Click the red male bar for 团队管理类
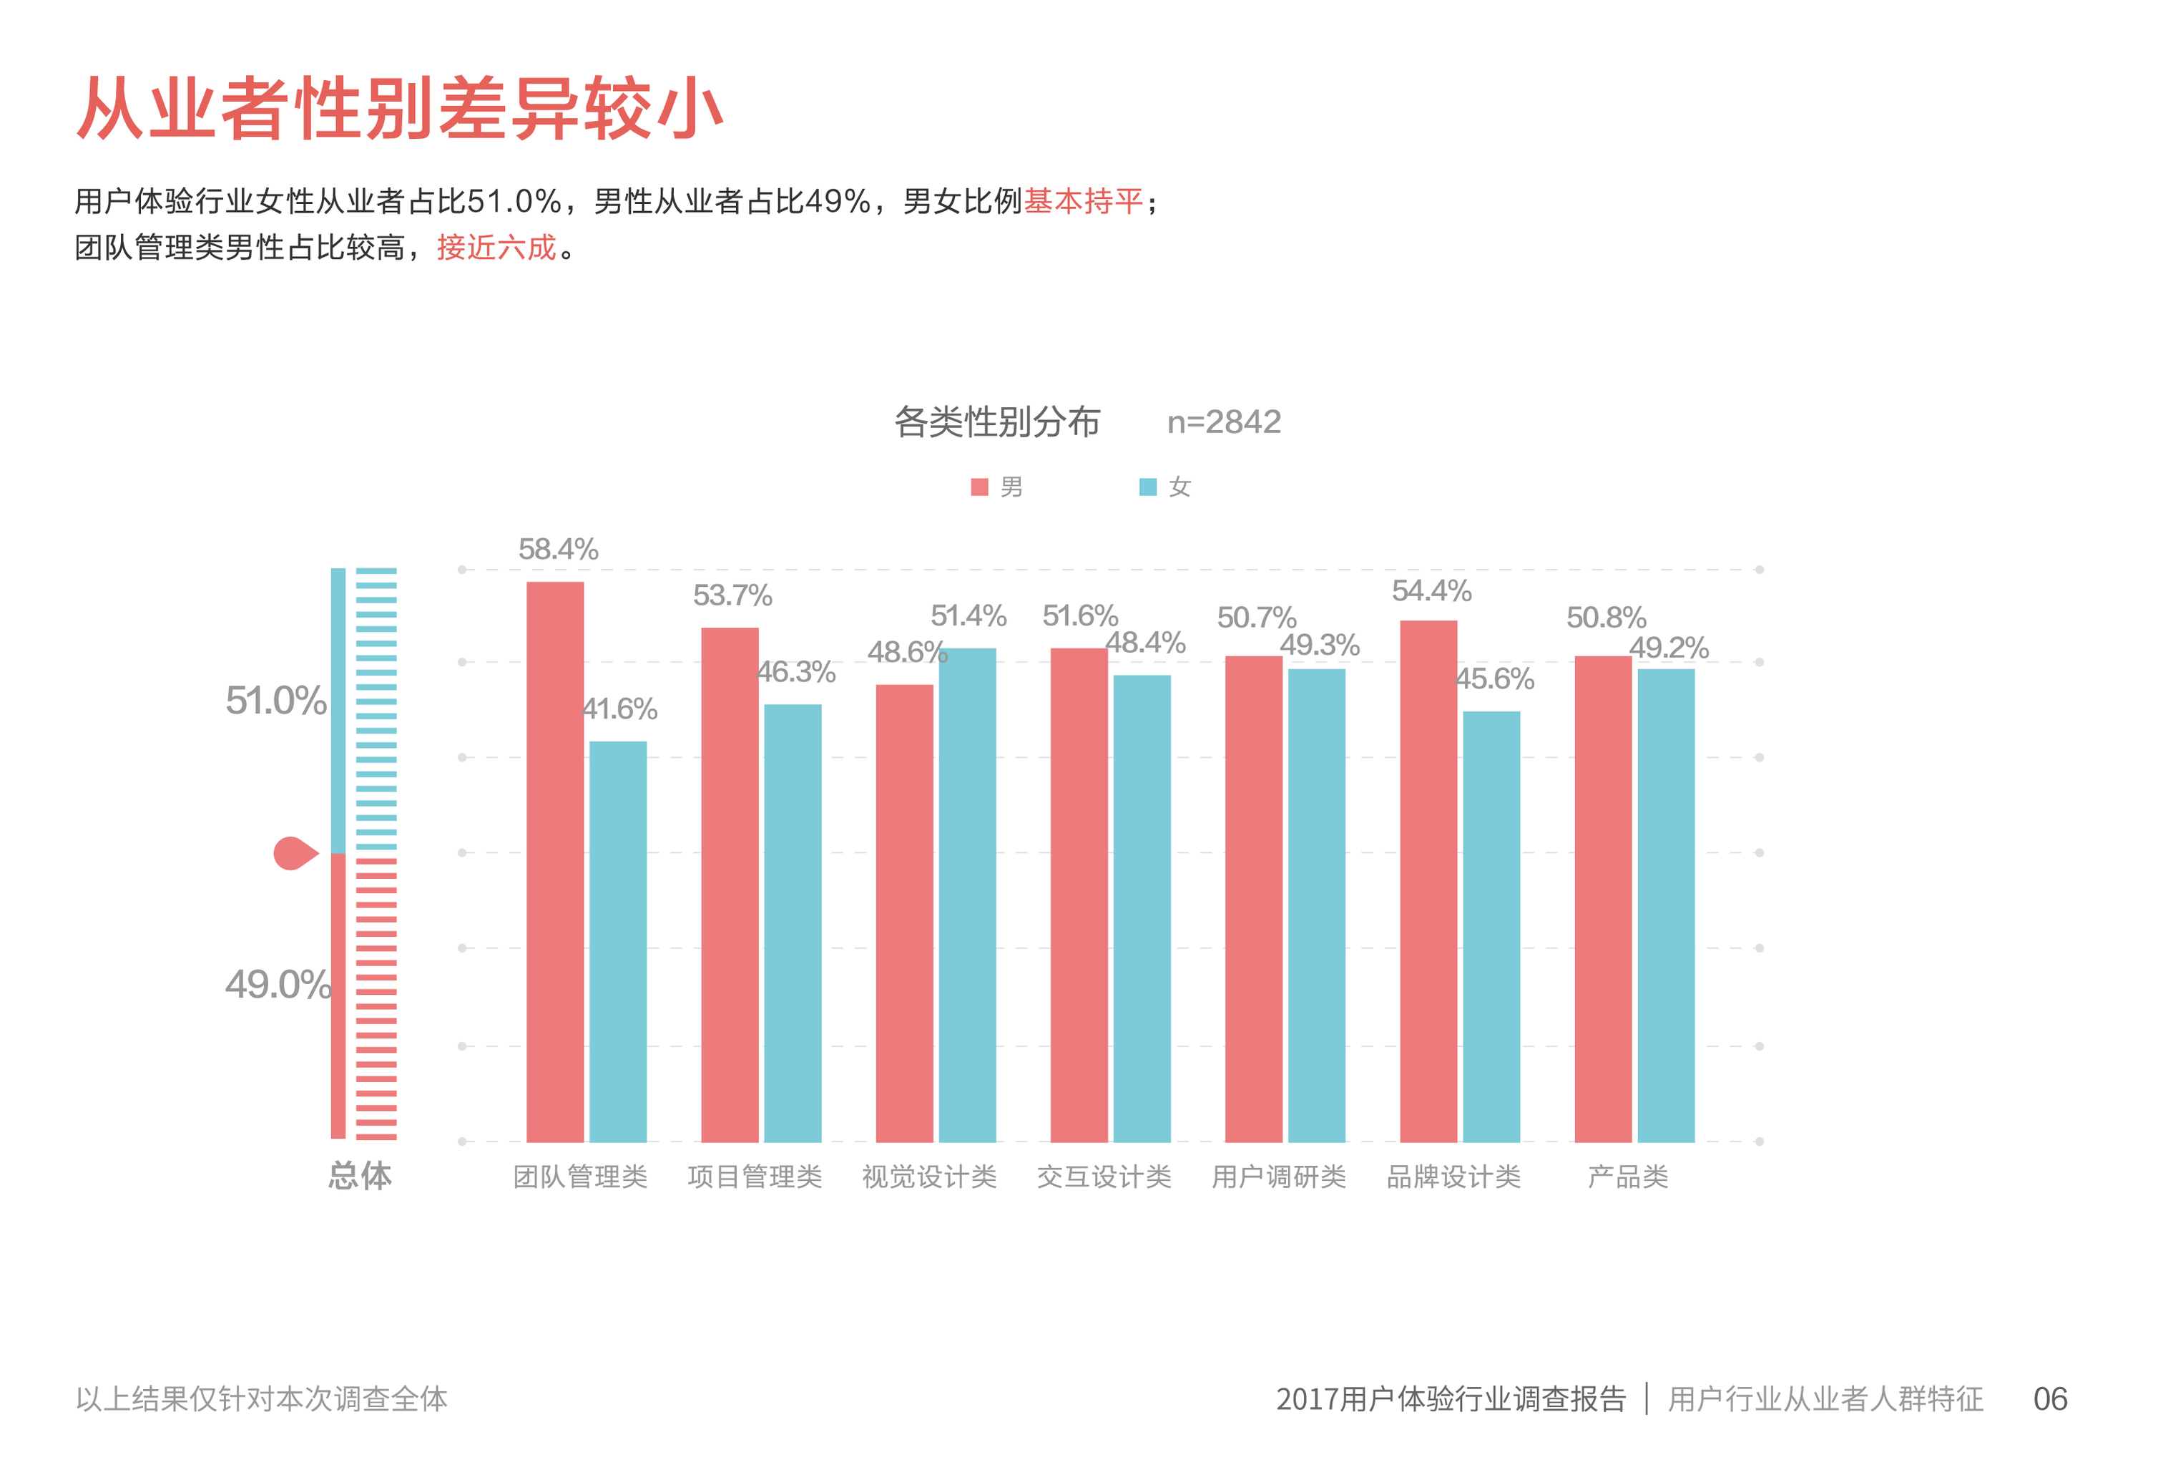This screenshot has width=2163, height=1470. tap(555, 861)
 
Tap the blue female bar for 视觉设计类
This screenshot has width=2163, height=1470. tap(967, 894)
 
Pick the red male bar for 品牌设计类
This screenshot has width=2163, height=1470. tap(1428, 880)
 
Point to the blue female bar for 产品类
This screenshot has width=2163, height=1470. tap(1665, 904)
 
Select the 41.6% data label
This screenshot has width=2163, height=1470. tap(620, 709)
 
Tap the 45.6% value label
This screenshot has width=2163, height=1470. tap(1495, 678)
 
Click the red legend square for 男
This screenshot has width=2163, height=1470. tap(979, 487)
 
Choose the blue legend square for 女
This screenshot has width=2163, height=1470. tap(1147, 487)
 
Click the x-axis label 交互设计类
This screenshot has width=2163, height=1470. tap(1104, 1177)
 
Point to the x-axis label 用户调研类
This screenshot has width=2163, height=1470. tap(1279, 1177)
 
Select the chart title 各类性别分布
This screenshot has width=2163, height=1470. tap(997, 422)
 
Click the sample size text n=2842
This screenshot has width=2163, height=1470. tap(1224, 422)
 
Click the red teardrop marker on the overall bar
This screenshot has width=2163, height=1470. tap(293, 853)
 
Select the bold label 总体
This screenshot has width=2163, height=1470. tap(360, 1176)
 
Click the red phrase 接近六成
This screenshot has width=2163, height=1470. tap(496, 248)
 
